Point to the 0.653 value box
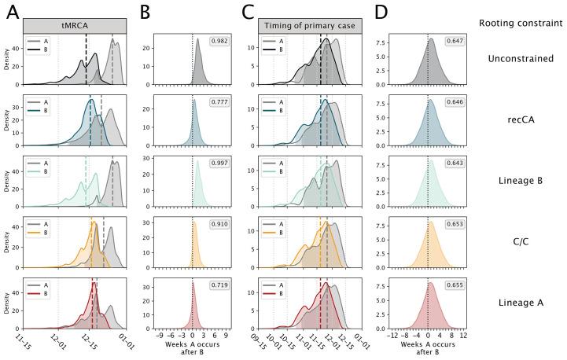click(455, 224)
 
